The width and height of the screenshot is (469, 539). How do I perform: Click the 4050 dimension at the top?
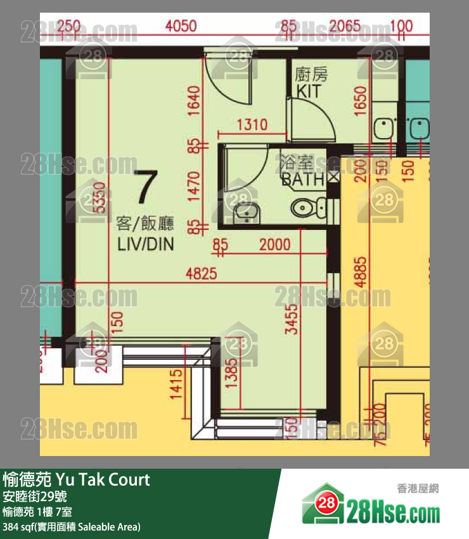pyautogui.click(x=181, y=27)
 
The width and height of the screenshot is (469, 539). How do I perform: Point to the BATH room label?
pyautogui.click(x=302, y=179)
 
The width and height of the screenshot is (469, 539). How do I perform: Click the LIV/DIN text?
pyautogui.click(x=145, y=244)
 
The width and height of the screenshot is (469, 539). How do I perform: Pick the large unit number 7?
pyautogui.click(x=145, y=187)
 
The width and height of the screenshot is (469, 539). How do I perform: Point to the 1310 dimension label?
pyautogui.click(x=252, y=125)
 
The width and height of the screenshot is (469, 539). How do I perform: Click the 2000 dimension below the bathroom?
pyautogui.click(x=274, y=244)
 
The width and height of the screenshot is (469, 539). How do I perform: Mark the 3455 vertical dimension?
pyautogui.click(x=291, y=320)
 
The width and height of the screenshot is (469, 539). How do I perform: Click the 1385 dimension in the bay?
pyautogui.click(x=231, y=380)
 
